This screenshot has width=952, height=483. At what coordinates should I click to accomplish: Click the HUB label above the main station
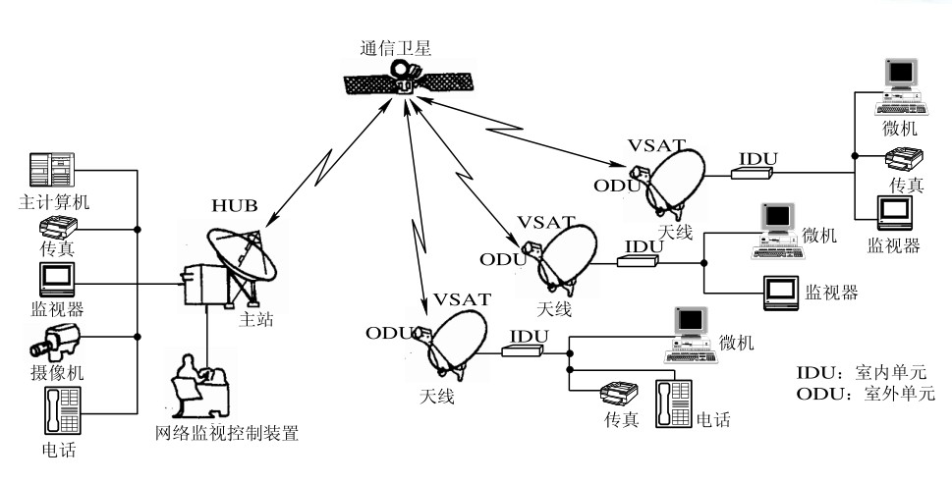point(234,206)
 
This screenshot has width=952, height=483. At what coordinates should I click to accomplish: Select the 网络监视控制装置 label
point(226,433)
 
